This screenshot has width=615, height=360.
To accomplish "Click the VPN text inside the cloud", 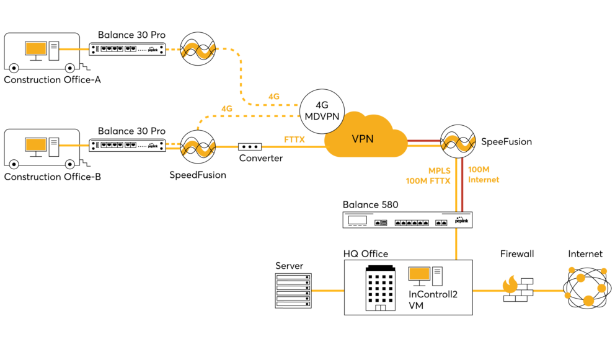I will [x=363, y=139].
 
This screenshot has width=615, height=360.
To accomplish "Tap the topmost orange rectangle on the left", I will [x=36, y=48].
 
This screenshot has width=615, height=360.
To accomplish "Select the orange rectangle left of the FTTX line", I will [x=36, y=144].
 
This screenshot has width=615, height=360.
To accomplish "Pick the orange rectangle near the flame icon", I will [x=419, y=273].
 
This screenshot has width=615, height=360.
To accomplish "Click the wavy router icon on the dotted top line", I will [x=198, y=51].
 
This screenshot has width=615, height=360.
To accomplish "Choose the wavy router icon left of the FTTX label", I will [x=198, y=149].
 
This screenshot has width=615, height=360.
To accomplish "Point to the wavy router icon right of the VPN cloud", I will [x=458, y=144].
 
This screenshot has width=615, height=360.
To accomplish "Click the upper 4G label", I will [x=273, y=97].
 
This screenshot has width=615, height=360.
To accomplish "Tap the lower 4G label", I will [x=226, y=108].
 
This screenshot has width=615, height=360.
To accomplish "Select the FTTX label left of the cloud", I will [x=294, y=139].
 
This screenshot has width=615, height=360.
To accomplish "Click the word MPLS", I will [x=439, y=170].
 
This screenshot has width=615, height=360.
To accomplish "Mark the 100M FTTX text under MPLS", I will [x=428, y=181].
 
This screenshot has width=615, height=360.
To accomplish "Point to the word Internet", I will [x=483, y=180].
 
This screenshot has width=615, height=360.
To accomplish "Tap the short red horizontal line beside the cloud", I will [x=424, y=141].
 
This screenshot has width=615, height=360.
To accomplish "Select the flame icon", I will [x=510, y=284].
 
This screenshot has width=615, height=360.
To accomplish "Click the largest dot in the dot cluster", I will [x=588, y=301].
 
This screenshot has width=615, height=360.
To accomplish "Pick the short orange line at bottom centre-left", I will [x=327, y=291].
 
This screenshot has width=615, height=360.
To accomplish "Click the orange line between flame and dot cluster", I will [x=548, y=291].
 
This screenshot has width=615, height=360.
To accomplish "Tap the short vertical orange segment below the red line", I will [x=456, y=244].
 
